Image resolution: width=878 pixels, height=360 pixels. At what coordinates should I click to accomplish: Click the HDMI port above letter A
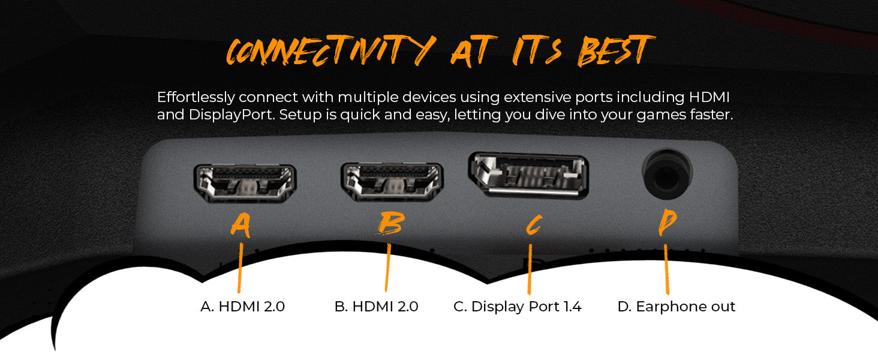tap(245, 183)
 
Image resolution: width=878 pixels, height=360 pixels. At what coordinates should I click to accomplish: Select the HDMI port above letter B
tap(392, 182)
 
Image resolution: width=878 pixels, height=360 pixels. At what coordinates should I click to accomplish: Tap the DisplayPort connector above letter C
tap(528, 175)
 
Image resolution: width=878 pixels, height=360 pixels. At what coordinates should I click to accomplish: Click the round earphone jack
tap(667, 174)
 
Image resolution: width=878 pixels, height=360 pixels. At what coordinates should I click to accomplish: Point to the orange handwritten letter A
tap(241, 226)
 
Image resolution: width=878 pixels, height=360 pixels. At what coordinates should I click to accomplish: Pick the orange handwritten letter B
tap(391, 223)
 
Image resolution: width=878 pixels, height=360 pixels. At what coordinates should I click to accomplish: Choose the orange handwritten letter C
tap(534, 225)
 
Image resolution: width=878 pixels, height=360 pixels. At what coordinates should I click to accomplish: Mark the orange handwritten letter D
tap(667, 222)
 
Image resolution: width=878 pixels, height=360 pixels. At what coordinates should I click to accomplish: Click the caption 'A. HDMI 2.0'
tap(243, 306)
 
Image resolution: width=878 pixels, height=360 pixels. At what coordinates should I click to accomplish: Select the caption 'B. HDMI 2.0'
tap(376, 306)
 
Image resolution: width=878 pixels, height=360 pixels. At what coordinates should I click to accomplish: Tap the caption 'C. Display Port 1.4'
tap(518, 306)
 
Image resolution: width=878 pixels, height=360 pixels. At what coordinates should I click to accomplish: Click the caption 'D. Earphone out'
tap(676, 306)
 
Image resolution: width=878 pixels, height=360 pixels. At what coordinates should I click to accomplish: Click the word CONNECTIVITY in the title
tap(331, 50)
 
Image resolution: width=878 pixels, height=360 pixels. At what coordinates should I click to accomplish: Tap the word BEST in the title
tap(616, 50)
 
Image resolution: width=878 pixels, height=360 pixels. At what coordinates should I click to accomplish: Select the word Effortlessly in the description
tap(196, 97)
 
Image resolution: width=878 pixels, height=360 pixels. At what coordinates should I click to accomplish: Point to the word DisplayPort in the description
tap(231, 115)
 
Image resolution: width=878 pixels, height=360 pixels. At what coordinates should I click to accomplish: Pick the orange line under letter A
tap(240, 268)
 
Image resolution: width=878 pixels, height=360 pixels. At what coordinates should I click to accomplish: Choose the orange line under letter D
tap(666, 269)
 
